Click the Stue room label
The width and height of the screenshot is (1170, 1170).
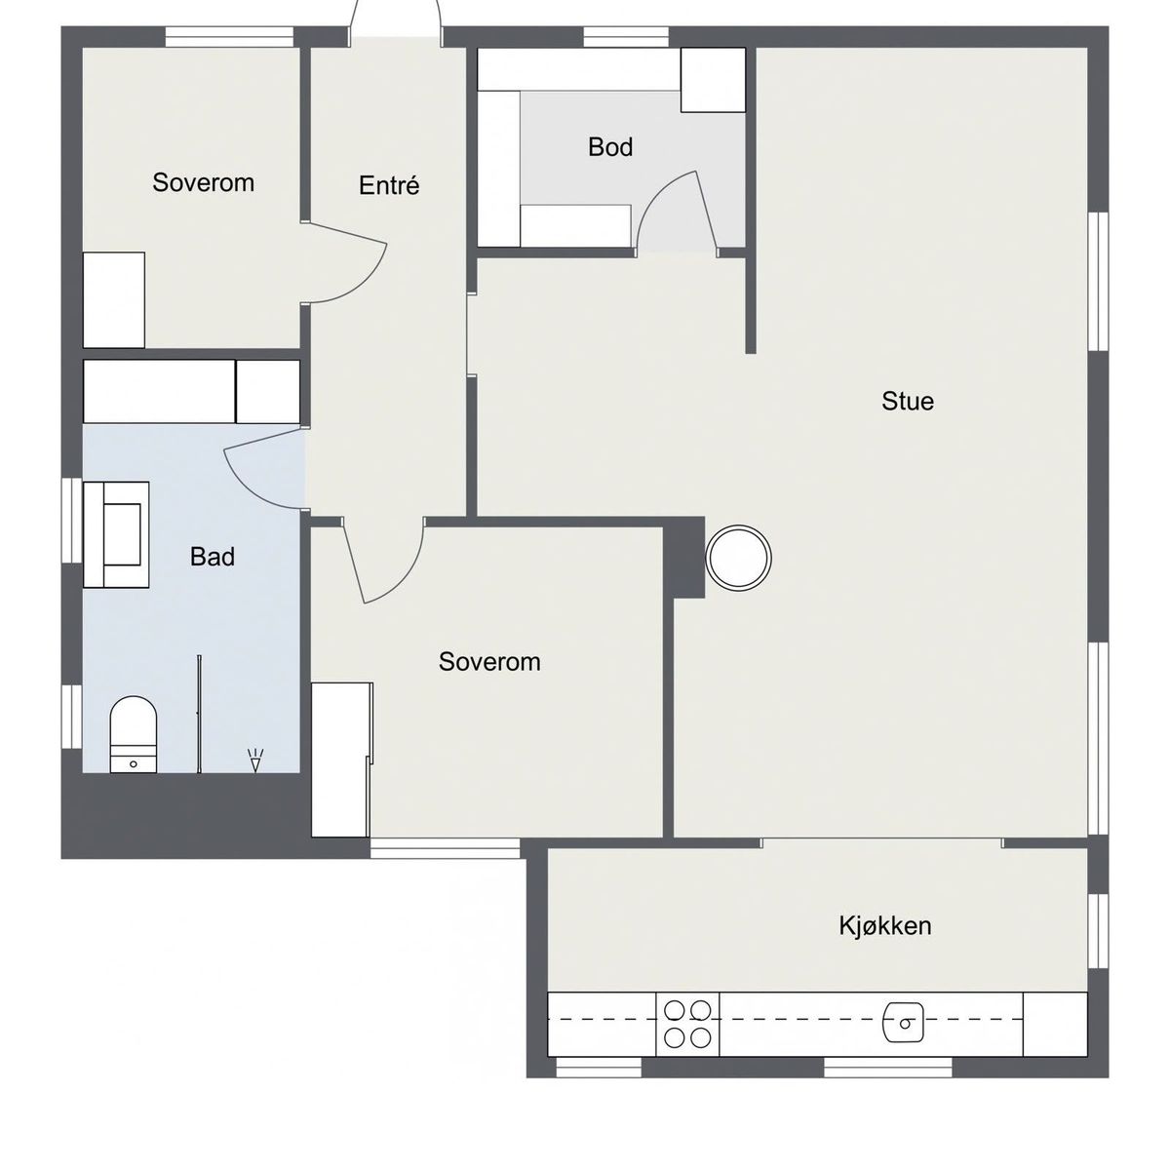click(x=908, y=402)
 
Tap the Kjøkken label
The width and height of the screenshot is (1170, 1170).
click(x=885, y=926)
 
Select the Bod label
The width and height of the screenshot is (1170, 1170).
click(x=610, y=147)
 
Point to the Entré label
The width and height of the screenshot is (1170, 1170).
click(x=389, y=185)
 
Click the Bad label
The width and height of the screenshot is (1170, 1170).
click(x=212, y=557)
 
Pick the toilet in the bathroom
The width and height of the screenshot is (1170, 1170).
click(x=133, y=735)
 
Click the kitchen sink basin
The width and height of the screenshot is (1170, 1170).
click(x=904, y=1023)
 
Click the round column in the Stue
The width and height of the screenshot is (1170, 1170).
click(x=739, y=558)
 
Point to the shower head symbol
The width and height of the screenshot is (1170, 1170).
click(x=255, y=760)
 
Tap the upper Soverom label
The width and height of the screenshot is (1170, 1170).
click(x=203, y=182)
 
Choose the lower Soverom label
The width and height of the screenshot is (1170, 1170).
click(x=489, y=662)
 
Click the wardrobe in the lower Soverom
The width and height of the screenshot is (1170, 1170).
click(x=341, y=760)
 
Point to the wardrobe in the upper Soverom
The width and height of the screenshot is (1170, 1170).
click(x=113, y=300)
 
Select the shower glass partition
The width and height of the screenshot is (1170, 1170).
click(x=199, y=714)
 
